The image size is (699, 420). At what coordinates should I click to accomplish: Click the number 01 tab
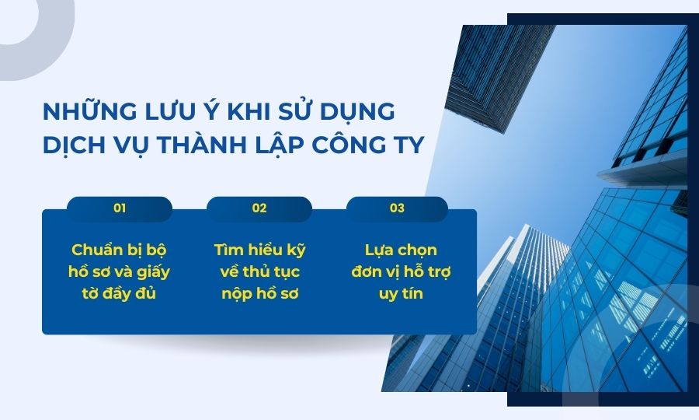[x=120, y=208]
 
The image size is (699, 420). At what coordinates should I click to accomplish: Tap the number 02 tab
[x=259, y=208]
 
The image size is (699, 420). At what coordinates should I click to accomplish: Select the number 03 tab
[x=397, y=208]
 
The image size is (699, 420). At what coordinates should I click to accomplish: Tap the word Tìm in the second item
[x=229, y=250]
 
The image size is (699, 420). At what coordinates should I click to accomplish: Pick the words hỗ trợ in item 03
[x=426, y=272]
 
